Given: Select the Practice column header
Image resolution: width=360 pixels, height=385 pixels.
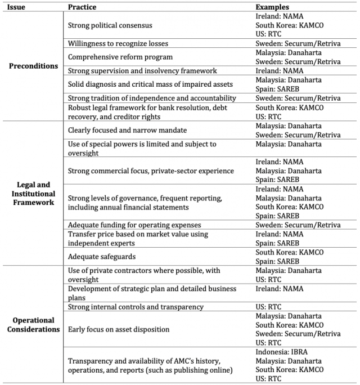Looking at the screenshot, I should coord(83,7).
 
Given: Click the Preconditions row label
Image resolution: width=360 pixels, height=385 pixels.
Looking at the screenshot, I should coord(33,66).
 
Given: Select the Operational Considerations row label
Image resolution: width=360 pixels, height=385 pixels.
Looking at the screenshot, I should coord(33,324).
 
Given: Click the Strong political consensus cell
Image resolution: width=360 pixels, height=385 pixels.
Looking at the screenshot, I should coord(110,25).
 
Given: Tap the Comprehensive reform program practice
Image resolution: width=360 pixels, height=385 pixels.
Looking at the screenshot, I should coord(120,57).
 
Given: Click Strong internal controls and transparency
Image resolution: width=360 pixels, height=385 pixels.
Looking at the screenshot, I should coord(135,307).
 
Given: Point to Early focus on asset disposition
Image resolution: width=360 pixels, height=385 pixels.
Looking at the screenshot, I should coord(118,329).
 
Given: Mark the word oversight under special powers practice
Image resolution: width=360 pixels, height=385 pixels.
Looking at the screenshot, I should coord(83,153).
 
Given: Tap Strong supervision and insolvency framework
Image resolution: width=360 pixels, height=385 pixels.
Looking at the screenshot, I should coord(142,71).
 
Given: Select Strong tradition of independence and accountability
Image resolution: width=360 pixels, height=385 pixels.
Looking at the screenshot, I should coord(151,98).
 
